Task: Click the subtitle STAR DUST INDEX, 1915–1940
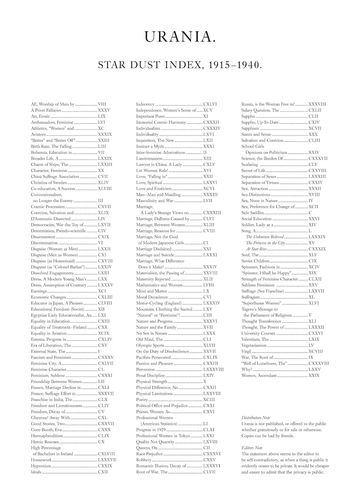(x=180, y=65)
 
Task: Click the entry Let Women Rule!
(x=148, y=171)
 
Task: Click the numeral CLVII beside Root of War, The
(x=209, y=472)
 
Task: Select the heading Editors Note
(x=252, y=448)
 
